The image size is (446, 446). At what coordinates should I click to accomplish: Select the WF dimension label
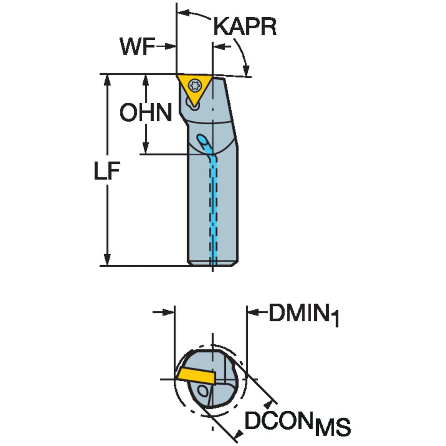tap(137, 47)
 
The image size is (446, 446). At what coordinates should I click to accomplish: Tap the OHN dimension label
tap(146, 112)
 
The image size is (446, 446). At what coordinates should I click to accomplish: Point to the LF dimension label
tap(107, 171)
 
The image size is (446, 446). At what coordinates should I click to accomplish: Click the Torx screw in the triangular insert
tap(196, 85)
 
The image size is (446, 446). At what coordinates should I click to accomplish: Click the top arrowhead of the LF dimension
tap(107, 80)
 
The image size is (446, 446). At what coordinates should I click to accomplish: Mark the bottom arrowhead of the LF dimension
tap(107, 260)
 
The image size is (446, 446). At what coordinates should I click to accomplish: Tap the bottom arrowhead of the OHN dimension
tap(145, 148)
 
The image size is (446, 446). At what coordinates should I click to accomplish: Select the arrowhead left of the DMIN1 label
tap(253, 313)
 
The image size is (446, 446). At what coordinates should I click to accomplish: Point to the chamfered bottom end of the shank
tap(213, 264)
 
